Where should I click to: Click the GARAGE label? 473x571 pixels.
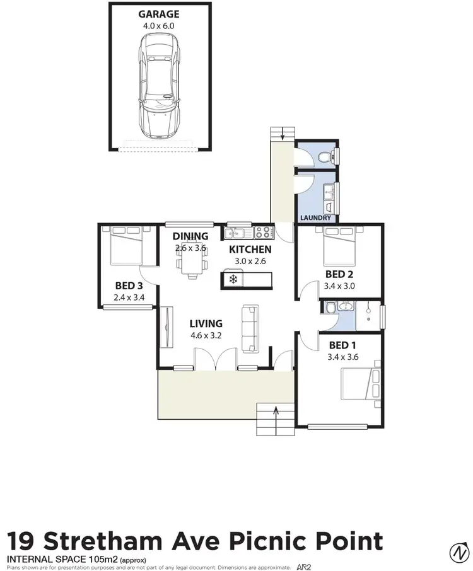(x=159, y=14)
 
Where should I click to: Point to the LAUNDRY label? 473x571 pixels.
(x=316, y=218)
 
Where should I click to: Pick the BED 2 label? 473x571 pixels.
(x=339, y=274)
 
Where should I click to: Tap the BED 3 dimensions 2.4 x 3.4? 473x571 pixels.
(x=129, y=297)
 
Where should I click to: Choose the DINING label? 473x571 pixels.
(x=190, y=236)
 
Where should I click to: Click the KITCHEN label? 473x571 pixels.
(x=250, y=250)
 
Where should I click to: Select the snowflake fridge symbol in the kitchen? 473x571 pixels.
(x=233, y=279)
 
